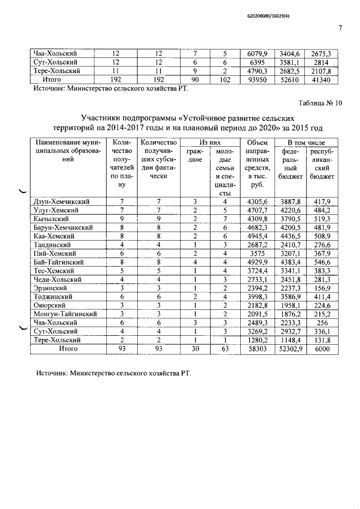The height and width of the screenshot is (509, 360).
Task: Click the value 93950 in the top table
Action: [257, 80]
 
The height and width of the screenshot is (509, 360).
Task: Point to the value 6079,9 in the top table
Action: [257, 54]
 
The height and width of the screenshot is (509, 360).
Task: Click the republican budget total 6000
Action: [321, 349]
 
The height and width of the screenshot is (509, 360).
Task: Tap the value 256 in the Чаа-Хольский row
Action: [321, 323]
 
